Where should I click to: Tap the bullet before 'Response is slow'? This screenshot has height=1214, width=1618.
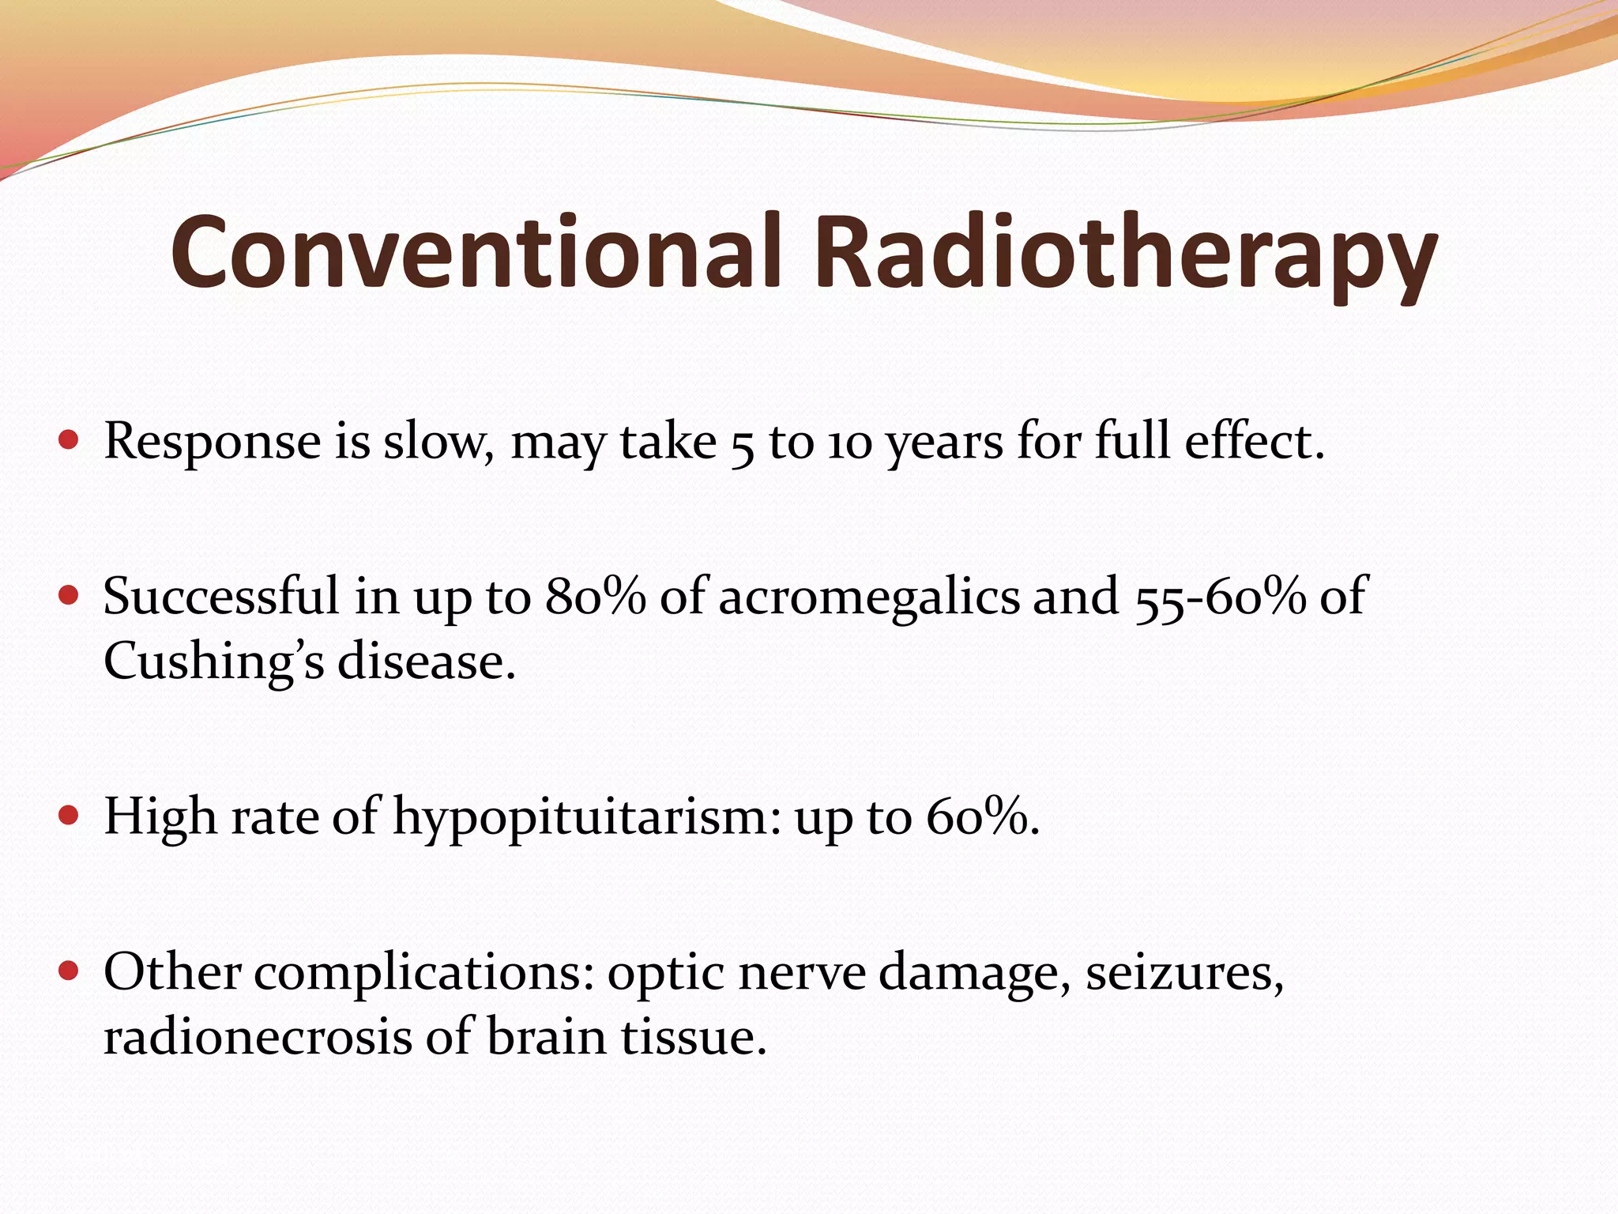pos(69,439)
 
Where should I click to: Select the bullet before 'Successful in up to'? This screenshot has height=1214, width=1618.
pos(69,594)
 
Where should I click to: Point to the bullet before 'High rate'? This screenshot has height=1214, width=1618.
pos(69,815)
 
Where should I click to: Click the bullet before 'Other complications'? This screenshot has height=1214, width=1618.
pos(69,970)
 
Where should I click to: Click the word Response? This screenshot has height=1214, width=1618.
pos(212,443)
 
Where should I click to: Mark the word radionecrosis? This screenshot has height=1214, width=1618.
pos(258,1037)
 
